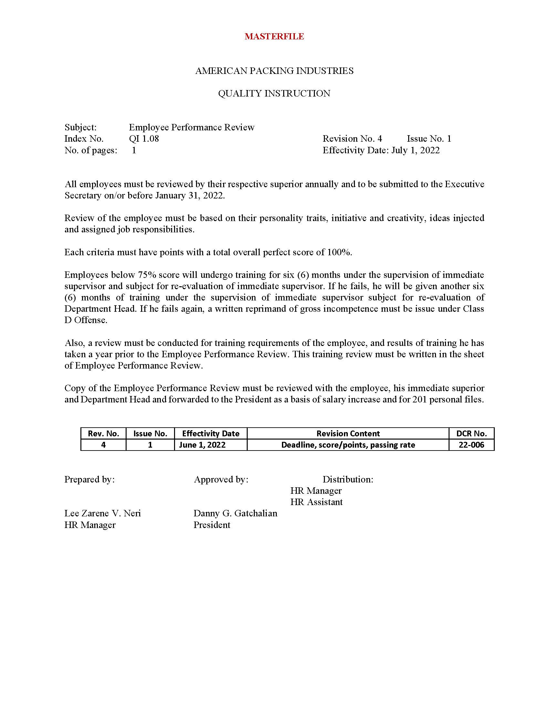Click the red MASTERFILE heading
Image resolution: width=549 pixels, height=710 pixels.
[x=274, y=36]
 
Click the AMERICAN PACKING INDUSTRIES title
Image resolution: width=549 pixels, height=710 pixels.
[x=274, y=71]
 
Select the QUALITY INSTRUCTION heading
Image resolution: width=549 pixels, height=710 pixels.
[x=274, y=94]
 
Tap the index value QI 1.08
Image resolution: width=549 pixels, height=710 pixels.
[x=144, y=139]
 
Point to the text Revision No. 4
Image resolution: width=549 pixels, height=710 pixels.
[x=352, y=139]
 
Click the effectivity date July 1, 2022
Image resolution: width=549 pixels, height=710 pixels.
[x=415, y=150]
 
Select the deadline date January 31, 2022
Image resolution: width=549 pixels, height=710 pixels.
[x=190, y=196]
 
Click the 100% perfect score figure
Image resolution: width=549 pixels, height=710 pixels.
[x=338, y=252]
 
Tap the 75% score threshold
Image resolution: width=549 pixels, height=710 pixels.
[x=147, y=275]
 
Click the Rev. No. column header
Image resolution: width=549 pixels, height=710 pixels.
[x=103, y=433]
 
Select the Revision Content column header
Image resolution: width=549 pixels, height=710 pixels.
[x=348, y=433]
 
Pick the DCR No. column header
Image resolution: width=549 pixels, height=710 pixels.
[x=471, y=433]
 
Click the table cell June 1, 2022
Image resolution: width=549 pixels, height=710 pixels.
[x=202, y=445]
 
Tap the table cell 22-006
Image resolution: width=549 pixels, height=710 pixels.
[x=471, y=445]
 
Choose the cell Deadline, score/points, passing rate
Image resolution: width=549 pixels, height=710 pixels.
[x=348, y=445]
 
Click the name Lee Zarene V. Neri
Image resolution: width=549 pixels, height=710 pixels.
[x=102, y=513]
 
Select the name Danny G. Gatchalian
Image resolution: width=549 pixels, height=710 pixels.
[x=235, y=513]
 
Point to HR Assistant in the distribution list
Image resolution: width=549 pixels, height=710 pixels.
[x=316, y=502]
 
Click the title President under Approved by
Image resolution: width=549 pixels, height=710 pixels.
[x=212, y=525]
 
